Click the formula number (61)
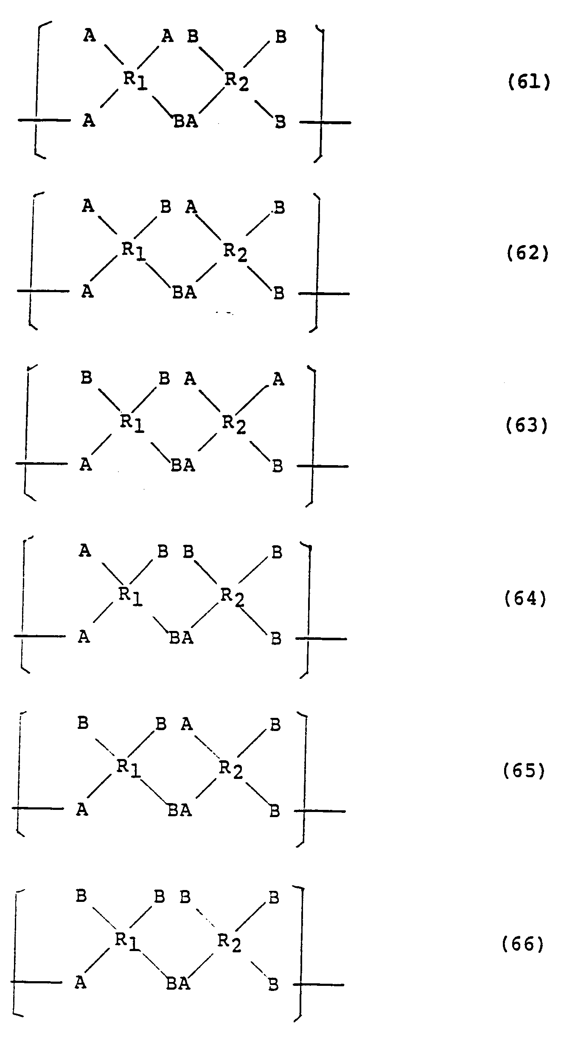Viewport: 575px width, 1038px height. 529,82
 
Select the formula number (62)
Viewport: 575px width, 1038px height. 527,253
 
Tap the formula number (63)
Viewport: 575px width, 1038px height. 527,425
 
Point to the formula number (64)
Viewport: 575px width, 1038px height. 525,598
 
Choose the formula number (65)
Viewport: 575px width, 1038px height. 524,770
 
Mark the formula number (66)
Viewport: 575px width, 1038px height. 523,944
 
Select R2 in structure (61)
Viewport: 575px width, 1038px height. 236,81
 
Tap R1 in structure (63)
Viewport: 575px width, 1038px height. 132,423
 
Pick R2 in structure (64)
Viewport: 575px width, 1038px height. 233,596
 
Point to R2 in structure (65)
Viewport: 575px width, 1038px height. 231,769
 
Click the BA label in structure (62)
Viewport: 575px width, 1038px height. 185,292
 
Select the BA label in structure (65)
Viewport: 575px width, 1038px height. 180,810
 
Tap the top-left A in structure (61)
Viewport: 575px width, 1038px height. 89,36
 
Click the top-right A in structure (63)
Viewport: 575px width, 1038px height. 278,379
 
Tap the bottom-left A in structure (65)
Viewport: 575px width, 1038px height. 82,809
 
